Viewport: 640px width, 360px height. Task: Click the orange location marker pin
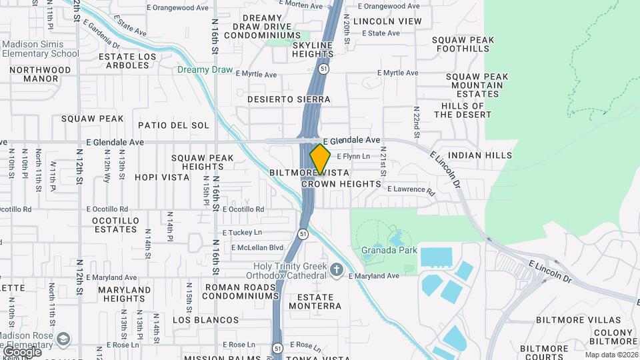320,159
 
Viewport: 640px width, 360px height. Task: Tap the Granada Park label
389,251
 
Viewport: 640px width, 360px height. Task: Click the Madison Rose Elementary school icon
63,339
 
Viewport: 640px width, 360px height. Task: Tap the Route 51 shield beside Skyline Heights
323,68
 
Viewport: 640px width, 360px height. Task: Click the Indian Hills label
480,155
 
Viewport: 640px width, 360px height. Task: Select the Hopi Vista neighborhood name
158,177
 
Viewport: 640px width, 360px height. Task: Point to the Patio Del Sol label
173,125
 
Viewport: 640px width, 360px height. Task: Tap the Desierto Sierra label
289,99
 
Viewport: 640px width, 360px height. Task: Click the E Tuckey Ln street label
242,232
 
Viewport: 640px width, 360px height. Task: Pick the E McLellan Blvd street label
257,247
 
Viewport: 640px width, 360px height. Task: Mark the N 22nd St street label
417,121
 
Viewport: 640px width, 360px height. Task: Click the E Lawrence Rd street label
411,189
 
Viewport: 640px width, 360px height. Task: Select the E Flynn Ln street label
353,156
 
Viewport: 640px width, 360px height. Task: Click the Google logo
21,351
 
